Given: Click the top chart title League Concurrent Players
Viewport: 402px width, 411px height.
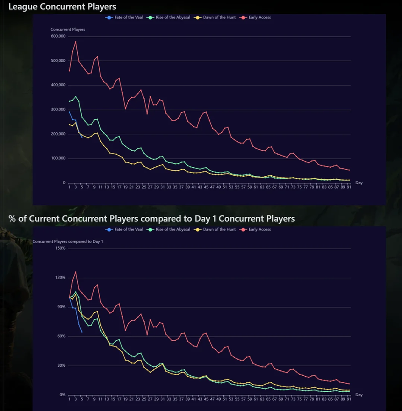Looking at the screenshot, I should point(62,7).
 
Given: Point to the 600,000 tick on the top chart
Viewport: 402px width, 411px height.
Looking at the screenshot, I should point(59,36).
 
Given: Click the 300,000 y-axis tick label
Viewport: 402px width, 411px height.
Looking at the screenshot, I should point(59,110).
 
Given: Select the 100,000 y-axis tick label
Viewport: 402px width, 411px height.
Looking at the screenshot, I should point(59,158).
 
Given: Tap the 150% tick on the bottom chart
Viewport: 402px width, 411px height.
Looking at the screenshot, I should point(60,248).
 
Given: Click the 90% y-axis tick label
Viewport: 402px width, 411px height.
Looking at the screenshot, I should point(61,307).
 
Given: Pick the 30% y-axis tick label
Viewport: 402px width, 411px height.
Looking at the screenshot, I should point(61,365).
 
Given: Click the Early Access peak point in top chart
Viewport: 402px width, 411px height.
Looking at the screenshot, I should point(75,42).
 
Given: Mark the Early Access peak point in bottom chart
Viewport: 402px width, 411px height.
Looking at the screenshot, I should point(75,271).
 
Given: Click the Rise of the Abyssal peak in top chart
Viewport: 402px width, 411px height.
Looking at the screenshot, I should point(75,97).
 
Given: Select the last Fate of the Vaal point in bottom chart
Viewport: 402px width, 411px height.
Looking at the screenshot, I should point(82,332).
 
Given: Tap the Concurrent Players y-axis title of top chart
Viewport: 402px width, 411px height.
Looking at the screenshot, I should point(68,30).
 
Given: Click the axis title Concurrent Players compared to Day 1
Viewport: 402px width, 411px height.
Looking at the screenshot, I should point(68,242).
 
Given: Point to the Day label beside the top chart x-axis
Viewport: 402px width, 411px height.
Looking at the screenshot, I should point(359,182).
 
